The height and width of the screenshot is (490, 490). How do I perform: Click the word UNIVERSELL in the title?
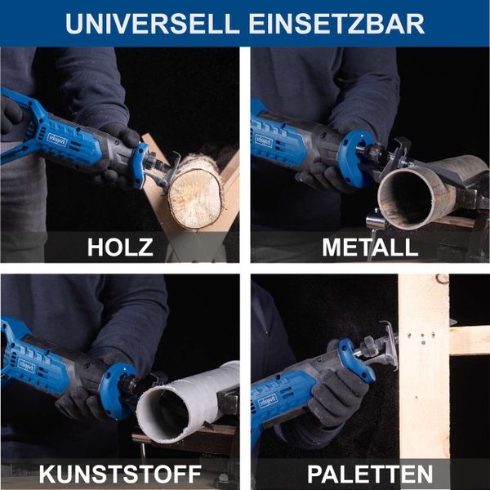(145, 23)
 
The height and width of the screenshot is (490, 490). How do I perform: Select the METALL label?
(370, 247)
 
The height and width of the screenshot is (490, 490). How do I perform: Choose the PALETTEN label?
(370, 474)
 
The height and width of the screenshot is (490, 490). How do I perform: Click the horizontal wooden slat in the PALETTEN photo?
(470, 340)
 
